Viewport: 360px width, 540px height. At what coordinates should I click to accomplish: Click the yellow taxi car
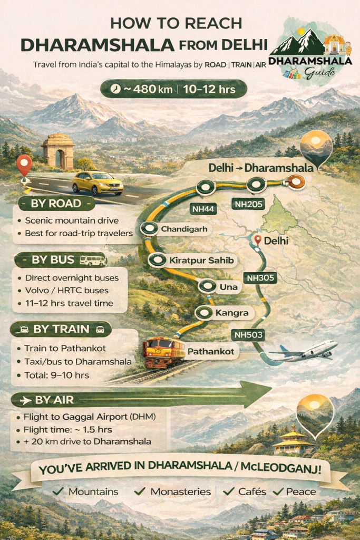(98, 182)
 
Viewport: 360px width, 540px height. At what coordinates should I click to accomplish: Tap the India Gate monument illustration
(57, 151)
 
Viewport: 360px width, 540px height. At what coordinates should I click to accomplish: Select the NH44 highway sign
(203, 209)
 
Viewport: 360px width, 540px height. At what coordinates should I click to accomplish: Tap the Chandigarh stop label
(179, 229)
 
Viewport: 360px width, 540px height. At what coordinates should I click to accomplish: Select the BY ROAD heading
(56, 204)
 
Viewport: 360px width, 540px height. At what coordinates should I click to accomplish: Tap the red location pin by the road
(24, 165)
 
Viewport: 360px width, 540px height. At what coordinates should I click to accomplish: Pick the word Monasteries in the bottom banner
(180, 491)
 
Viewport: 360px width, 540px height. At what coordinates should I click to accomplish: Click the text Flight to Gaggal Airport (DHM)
(90, 417)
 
